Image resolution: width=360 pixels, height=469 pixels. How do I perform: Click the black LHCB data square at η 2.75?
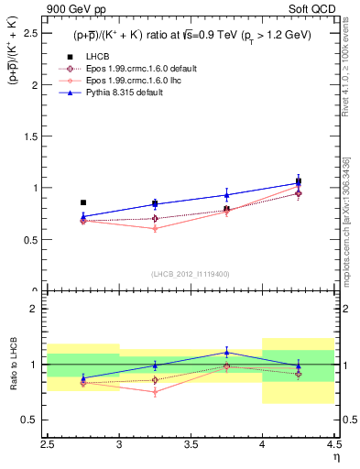pyautogui.click(x=83, y=202)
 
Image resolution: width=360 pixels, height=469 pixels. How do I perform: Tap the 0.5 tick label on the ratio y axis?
pyautogui.click(x=33, y=420)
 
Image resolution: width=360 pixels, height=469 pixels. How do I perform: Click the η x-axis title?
pyautogui.click(x=335, y=456)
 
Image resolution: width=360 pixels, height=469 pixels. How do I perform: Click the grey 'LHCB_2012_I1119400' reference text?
pyautogui.click(x=191, y=274)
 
